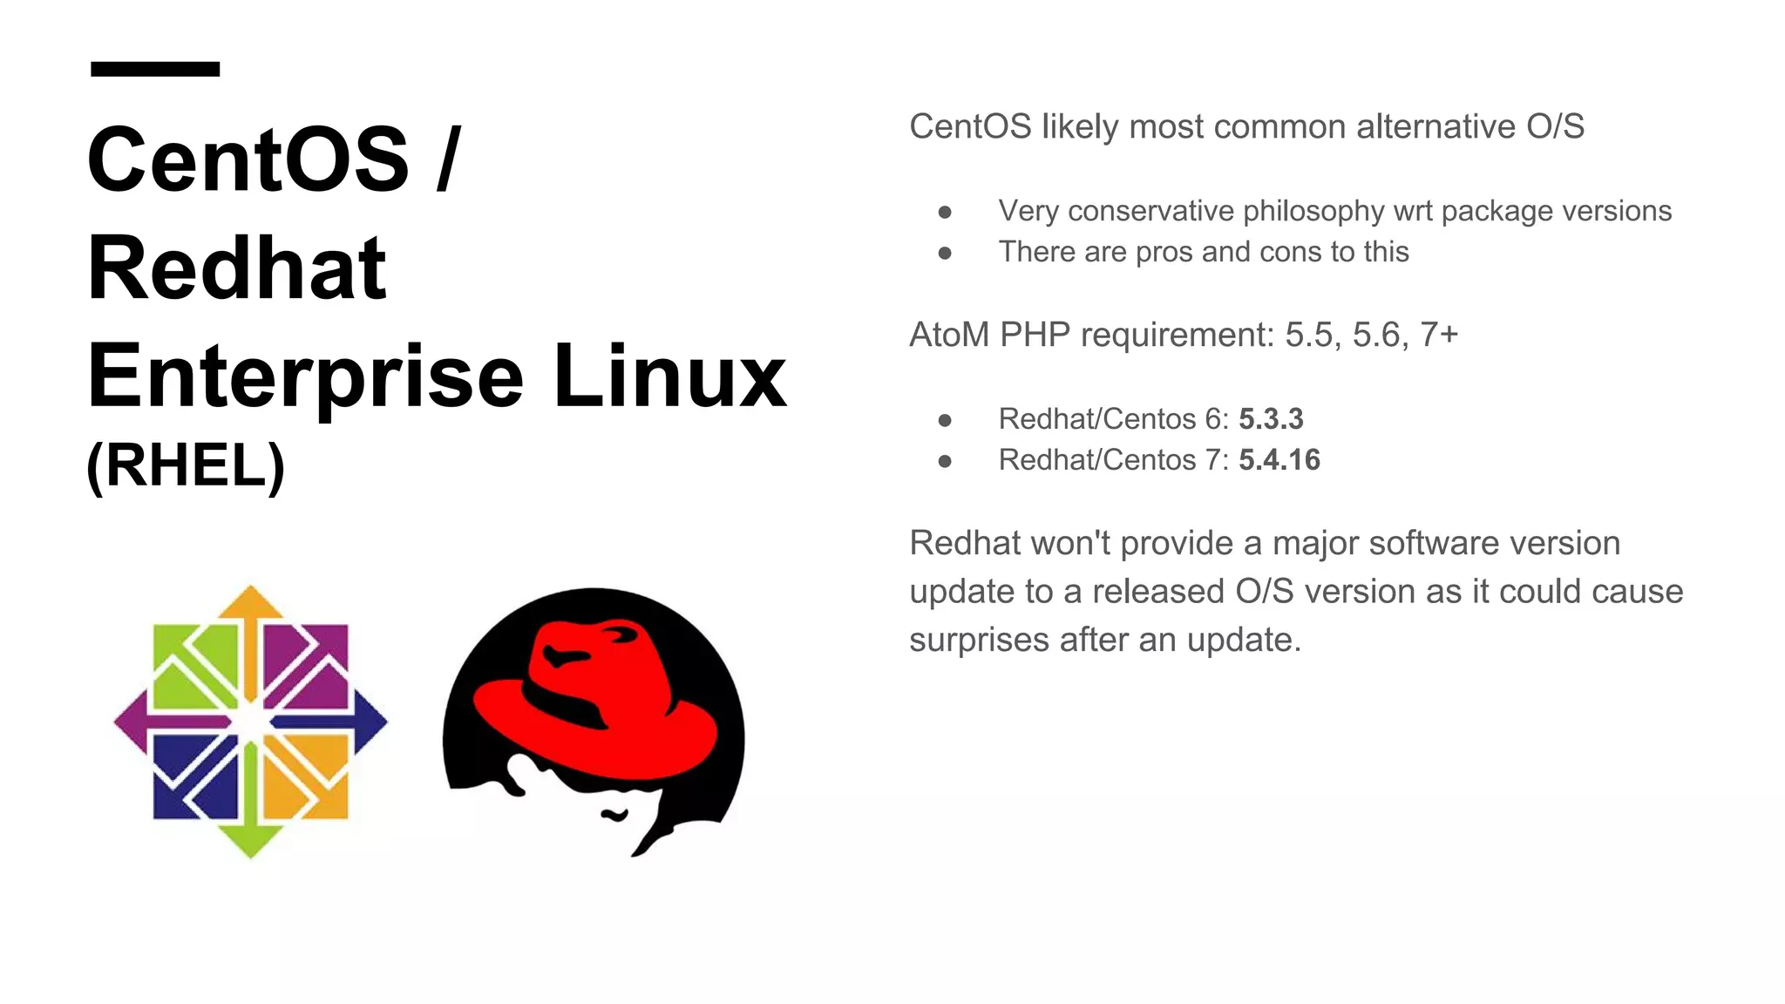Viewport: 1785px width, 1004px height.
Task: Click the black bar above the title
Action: coord(155,69)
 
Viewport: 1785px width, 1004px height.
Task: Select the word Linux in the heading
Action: coord(669,376)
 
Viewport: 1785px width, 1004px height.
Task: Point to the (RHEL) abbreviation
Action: coord(186,465)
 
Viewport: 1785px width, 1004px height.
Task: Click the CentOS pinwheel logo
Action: coord(250,722)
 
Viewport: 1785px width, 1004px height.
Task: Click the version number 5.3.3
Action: coord(1271,419)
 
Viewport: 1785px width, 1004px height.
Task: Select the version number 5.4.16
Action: coord(1279,460)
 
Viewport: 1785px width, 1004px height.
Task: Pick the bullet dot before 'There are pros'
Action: coord(945,254)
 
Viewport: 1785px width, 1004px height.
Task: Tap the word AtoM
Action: coord(949,336)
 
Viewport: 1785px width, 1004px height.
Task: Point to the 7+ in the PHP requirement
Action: coord(1439,336)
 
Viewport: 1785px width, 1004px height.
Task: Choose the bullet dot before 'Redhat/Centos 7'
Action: coord(945,461)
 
